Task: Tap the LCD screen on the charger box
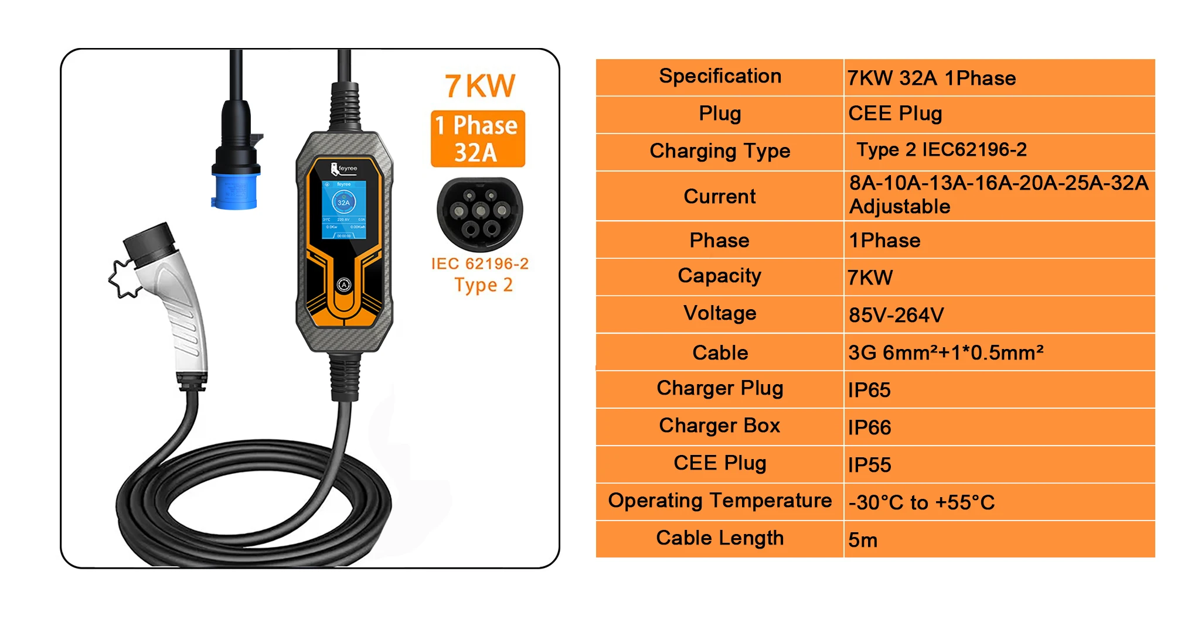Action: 343,210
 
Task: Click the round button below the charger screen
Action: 343,285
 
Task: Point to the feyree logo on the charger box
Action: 344,169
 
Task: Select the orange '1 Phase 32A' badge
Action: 477,139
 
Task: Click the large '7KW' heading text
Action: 480,85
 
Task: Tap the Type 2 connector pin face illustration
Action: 479,214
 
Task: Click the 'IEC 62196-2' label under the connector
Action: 479,264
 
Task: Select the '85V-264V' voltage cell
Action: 896,315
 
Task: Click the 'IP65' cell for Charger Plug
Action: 869,390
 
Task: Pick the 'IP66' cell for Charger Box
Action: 869,427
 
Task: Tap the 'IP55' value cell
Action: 869,465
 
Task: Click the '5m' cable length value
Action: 863,540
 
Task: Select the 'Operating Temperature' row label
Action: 720,501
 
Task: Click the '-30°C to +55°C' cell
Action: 921,502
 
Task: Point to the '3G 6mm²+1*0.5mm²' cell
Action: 945,352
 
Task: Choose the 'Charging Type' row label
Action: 720,151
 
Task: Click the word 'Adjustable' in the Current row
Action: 900,207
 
